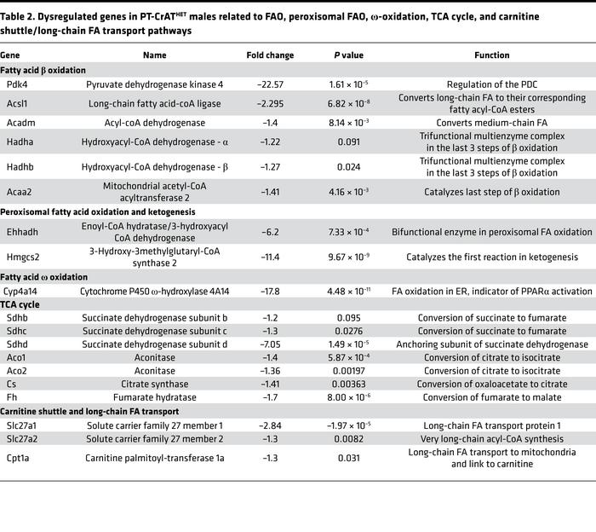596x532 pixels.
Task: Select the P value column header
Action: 348,55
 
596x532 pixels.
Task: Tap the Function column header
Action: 491,55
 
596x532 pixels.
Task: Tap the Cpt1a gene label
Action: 18,459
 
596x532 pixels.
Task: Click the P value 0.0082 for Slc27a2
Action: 348,438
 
